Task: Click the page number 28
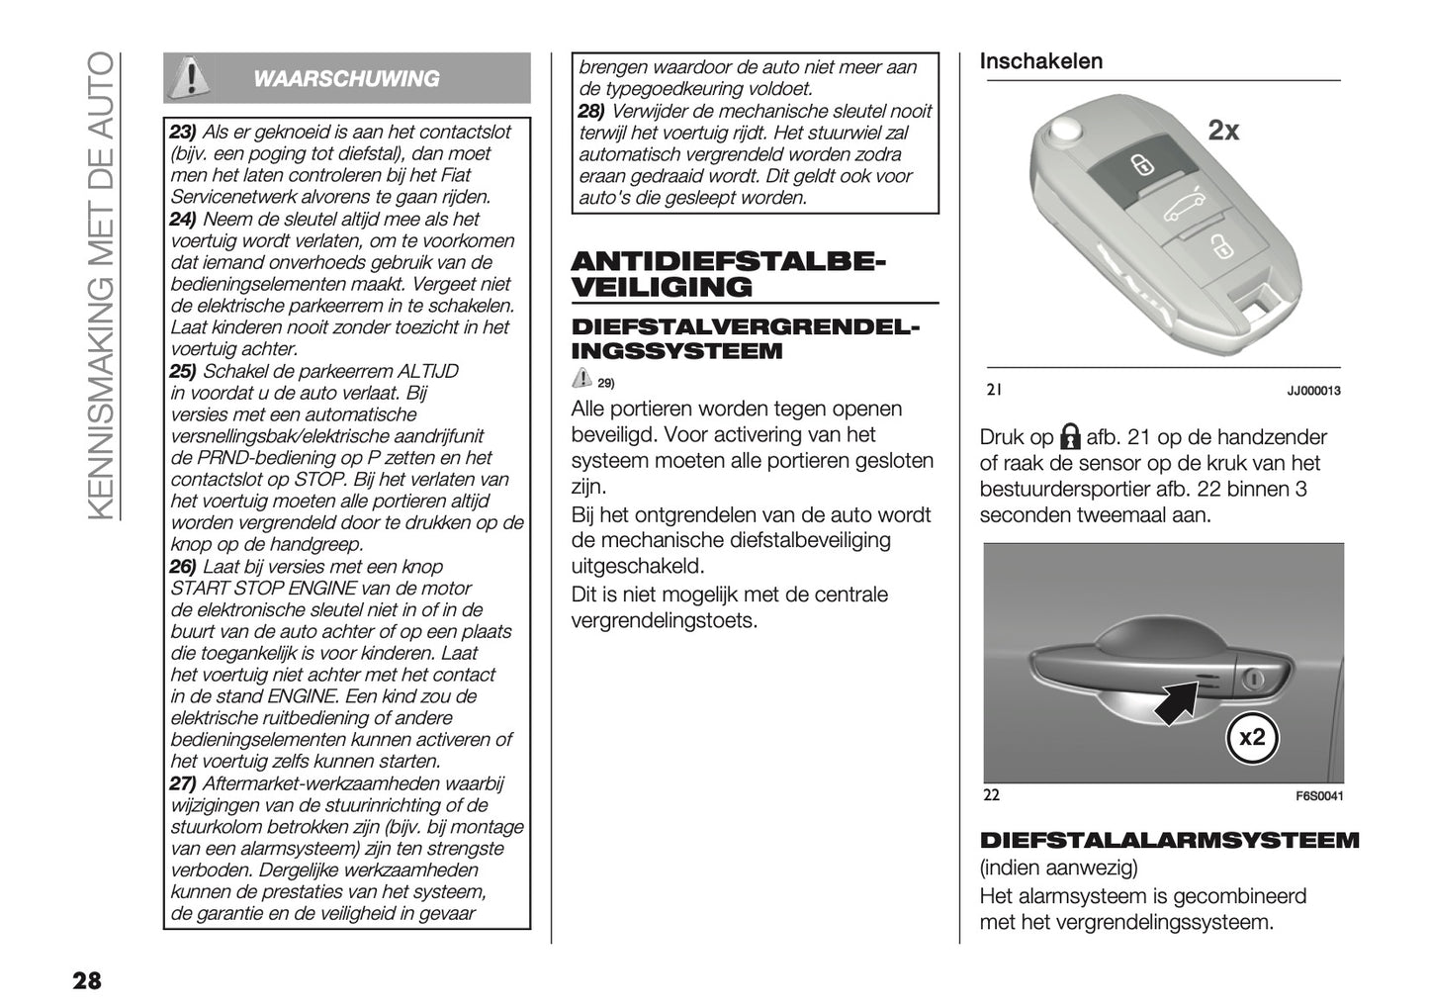click(x=85, y=980)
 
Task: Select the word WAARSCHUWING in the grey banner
click(x=346, y=79)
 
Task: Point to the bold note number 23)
click(x=184, y=133)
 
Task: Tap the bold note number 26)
click(x=184, y=567)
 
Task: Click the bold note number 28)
click(x=592, y=111)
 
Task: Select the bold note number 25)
click(x=184, y=372)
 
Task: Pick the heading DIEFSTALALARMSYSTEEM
click(x=1169, y=841)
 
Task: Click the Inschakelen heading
click(x=1040, y=61)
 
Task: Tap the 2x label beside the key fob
click(x=1223, y=131)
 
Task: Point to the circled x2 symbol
click(x=1251, y=737)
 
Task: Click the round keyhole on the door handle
click(x=1254, y=679)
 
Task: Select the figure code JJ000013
click(x=1313, y=392)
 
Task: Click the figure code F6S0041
click(x=1319, y=796)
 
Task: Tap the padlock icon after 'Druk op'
click(x=1069, y=437)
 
